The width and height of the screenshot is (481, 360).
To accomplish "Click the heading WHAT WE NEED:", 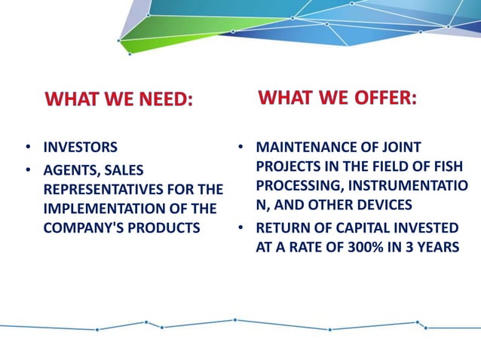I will (x=119, y=99).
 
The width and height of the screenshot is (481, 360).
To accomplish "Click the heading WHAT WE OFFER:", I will (x=337, y=97).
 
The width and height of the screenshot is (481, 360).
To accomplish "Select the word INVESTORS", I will (x=80, y=148).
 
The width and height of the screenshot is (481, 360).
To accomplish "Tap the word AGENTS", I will (x=70, y=170).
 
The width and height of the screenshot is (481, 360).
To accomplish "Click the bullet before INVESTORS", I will (x=28, y=148).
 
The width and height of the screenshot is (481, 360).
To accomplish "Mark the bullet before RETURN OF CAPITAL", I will (x=240, y=227).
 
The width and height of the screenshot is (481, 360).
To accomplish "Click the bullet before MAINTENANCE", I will (x=240, y=147).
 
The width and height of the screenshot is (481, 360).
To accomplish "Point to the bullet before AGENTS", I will (x=28, y=170).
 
